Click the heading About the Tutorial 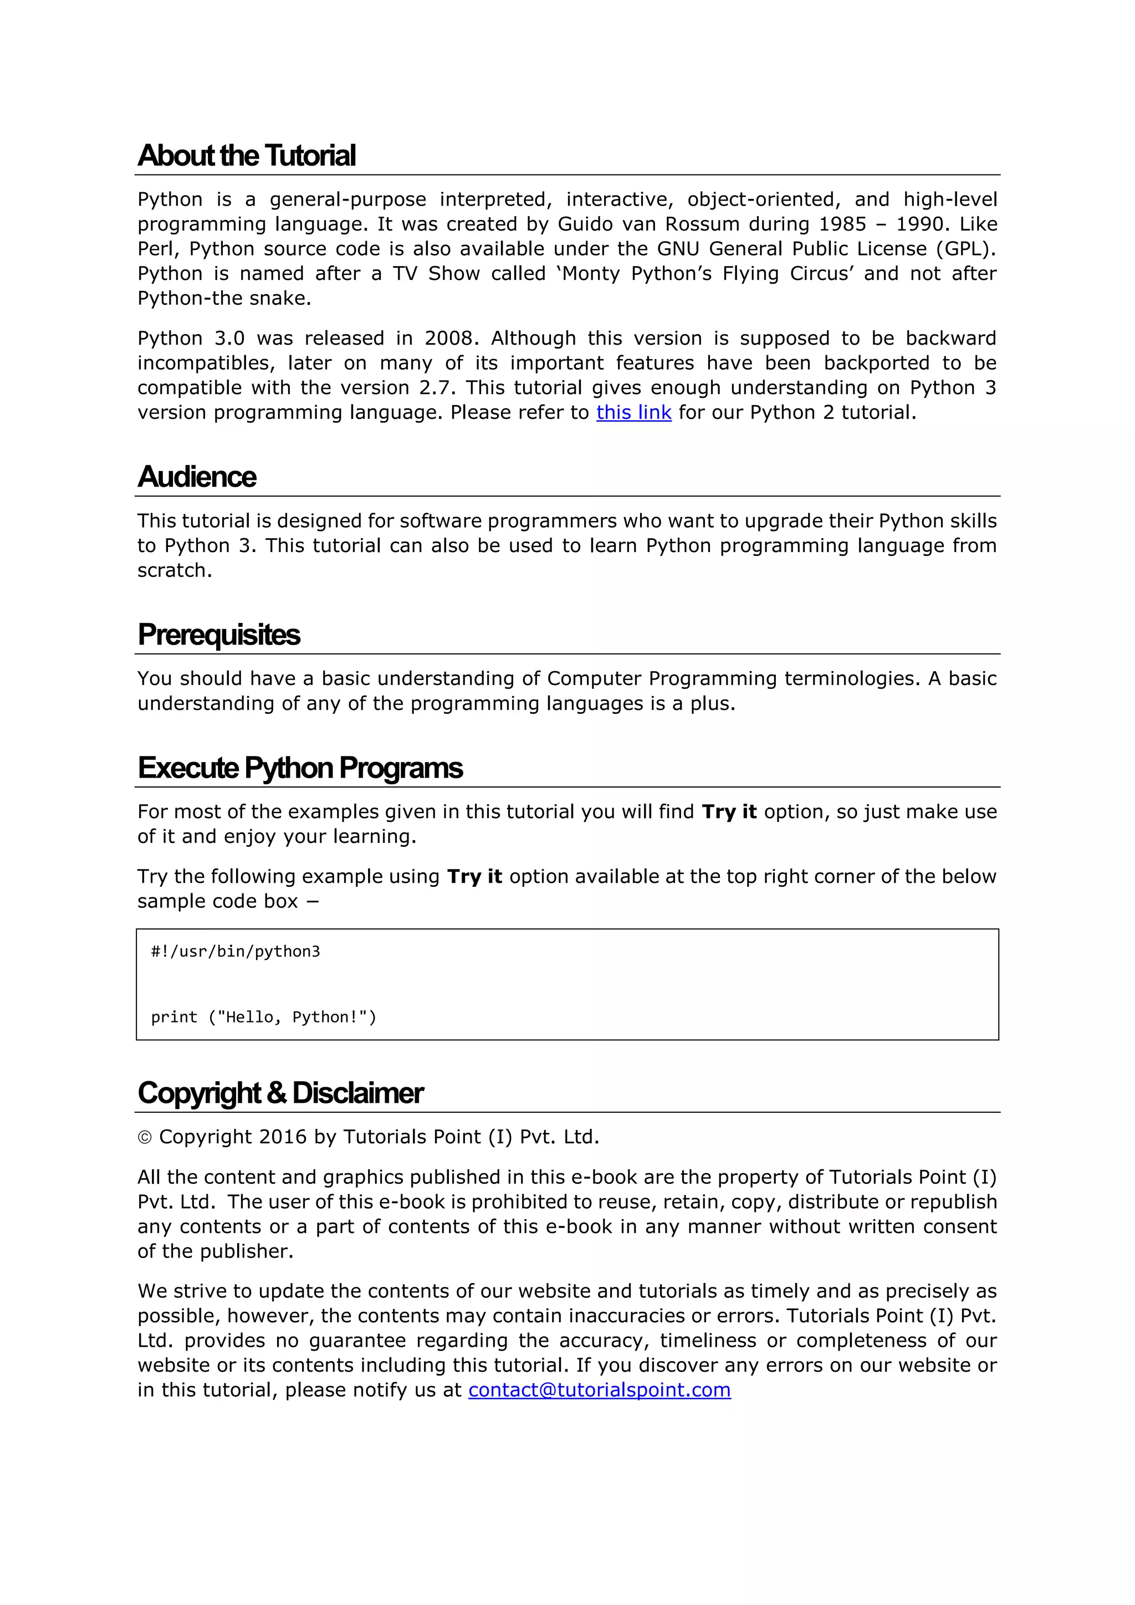246,155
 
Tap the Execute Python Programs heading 300,768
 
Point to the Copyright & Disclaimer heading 280,1092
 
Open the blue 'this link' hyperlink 633,412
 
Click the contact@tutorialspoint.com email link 599,1390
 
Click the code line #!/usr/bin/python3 236,952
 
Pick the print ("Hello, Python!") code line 263,1017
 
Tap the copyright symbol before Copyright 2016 145,1138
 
